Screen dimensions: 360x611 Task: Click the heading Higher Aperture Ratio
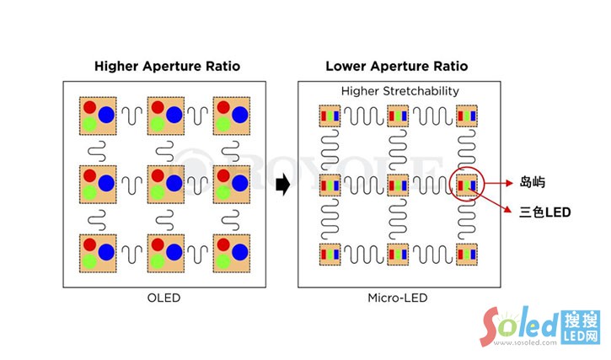[167, 66]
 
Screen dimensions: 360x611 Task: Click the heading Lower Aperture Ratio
[396, 66]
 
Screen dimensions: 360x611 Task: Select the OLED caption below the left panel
[164, 298]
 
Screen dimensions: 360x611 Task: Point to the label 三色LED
[545, 213]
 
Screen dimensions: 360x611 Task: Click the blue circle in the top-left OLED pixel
[106, 116]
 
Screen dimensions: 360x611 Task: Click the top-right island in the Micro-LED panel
[466, 116]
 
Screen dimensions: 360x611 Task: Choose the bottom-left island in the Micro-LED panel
[328, 252]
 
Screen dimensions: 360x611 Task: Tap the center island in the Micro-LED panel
[397, 184]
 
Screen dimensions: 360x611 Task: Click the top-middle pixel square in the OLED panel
[165, 116]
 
